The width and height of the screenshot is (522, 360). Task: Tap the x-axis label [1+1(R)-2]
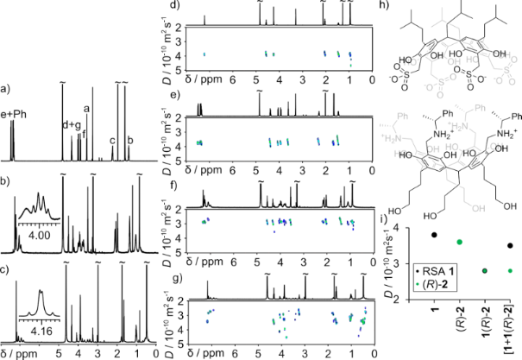pyautogui.click(x=509, y=329)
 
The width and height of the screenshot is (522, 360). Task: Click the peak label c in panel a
pyautogui.click(x=112, y=141)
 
